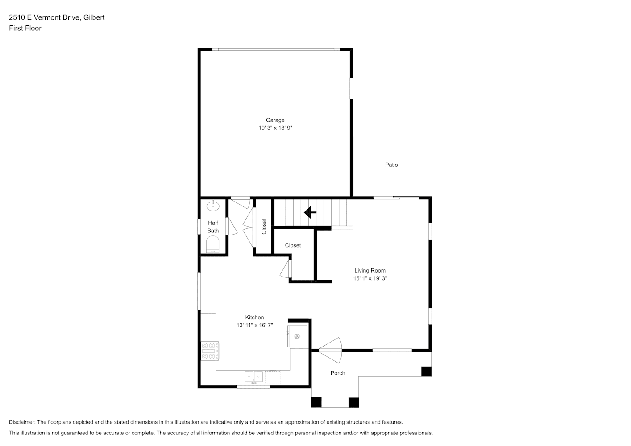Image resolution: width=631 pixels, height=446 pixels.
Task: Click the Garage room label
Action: point(275,120)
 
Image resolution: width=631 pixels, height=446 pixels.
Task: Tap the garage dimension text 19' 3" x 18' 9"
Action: point(275,128)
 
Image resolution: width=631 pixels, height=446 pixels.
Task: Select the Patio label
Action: point(391,165)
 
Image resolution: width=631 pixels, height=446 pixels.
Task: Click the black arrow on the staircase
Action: point(310,212)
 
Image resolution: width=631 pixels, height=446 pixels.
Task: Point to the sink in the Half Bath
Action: point(213,206)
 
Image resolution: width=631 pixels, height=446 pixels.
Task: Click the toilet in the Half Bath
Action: point(213,244)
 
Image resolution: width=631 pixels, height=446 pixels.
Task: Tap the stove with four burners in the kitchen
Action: point(210,351)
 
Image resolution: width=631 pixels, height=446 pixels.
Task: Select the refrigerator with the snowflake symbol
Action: point(297,336)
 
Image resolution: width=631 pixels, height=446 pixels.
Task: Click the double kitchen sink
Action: point(253,377)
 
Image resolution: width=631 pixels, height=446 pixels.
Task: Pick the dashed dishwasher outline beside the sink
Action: point(272,377)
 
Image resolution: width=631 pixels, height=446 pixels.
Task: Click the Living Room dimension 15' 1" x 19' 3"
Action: point(370,278)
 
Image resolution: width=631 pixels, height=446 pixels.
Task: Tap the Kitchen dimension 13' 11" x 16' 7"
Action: point(254,325)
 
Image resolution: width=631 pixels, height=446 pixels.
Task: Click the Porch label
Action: point(338,373)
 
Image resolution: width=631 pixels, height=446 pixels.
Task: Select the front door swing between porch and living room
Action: point(330,351)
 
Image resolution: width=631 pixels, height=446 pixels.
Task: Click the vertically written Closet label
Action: point(264,227)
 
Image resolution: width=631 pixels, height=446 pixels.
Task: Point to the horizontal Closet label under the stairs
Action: point(293,245)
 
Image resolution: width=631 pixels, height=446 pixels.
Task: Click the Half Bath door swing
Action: point(232,227)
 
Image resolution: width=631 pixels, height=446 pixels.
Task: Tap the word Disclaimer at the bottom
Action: point(22,422)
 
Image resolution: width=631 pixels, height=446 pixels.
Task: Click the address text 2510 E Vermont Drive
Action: point(45,17)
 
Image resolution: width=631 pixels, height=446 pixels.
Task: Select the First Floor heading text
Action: point(25,28)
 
